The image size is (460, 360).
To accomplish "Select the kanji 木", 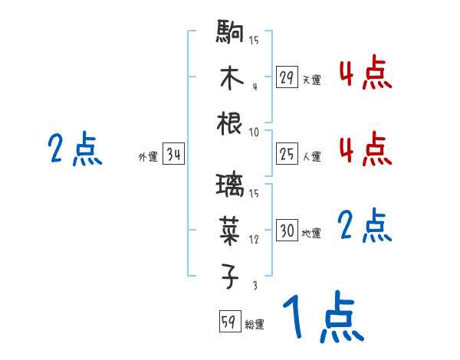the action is coord(231,80).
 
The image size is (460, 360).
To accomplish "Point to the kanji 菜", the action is coord(231,231).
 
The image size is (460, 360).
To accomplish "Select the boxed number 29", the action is coord(287,77).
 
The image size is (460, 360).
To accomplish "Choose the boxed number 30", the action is coord(287,231).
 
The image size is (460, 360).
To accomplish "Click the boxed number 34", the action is coord(173,155).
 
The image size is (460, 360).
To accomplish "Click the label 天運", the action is coord(311,80).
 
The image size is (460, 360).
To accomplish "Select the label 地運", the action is coord(311,233).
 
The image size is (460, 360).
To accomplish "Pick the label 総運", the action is coord(254,324).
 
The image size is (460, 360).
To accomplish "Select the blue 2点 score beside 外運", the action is coord(74,149).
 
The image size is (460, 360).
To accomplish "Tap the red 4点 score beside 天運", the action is coord(365,74).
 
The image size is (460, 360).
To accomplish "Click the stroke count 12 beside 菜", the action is coord(253,240).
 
